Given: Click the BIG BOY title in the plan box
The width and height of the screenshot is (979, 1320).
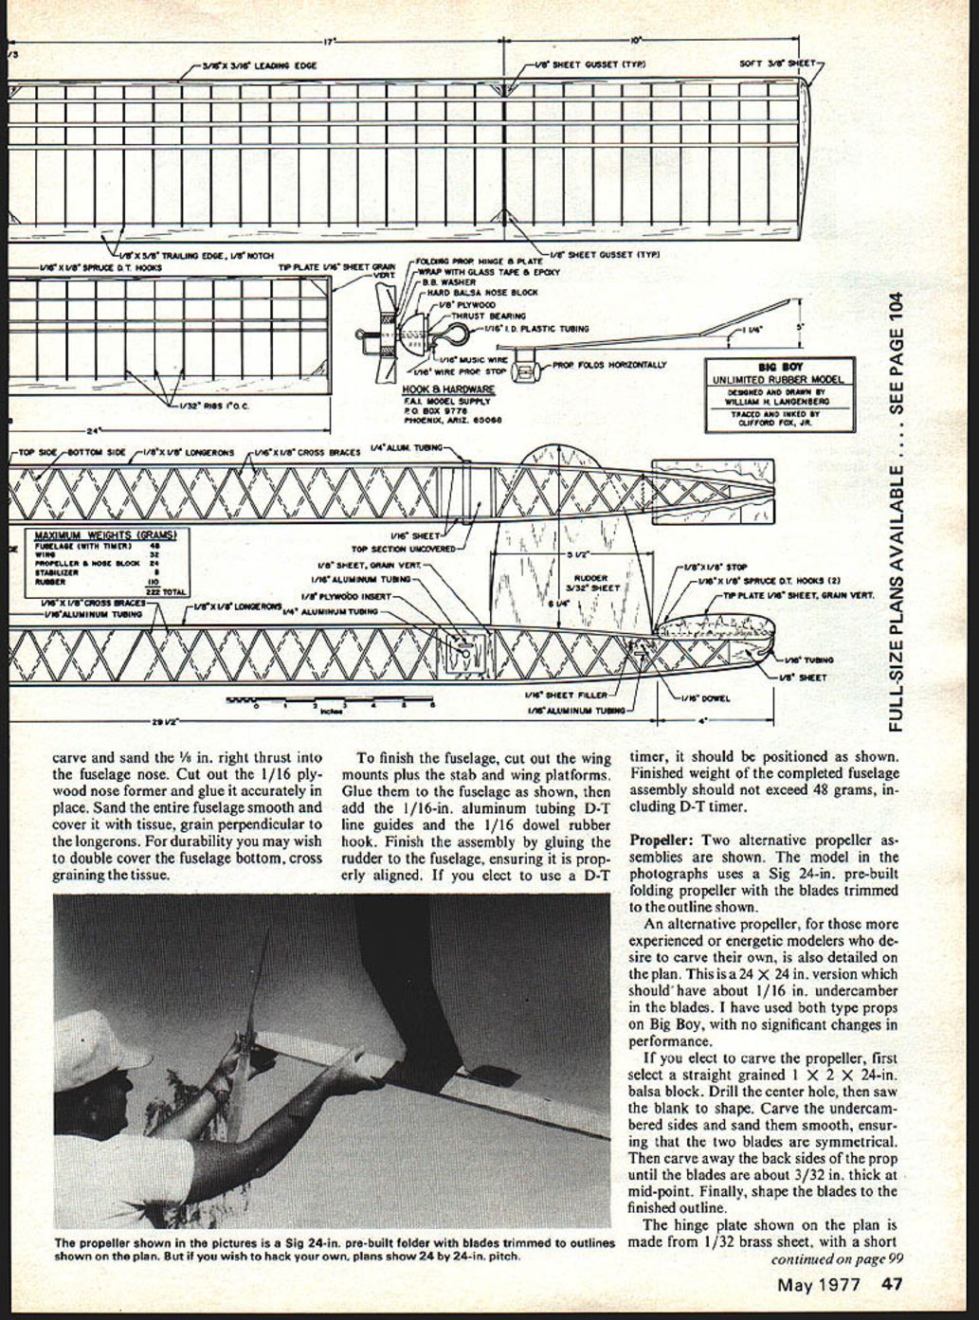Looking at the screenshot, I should click(780, 366).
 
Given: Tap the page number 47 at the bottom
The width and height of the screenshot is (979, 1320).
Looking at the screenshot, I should click(890, 1285).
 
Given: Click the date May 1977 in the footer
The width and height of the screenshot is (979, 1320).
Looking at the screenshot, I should click(819, 1285).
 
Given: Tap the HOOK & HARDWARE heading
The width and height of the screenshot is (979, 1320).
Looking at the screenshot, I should click(448, 389).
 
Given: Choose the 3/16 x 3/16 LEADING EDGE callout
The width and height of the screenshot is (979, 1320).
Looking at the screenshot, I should click(259, 66).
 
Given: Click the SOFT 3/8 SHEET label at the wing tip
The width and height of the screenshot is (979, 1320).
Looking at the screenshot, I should click(776, 65).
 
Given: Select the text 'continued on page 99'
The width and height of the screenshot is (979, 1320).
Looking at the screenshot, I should click(835, 1259).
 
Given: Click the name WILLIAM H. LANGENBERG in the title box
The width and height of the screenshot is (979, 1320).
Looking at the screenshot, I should click(780, 400).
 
